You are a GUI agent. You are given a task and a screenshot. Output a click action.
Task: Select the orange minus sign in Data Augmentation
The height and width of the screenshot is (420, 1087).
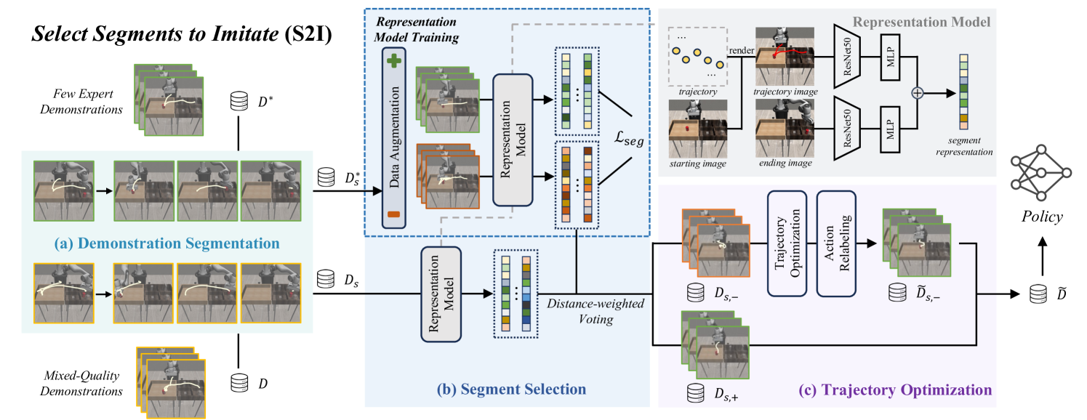pos(393,214)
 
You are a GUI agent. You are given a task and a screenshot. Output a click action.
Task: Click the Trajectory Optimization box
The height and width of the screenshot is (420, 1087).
pos(787,243)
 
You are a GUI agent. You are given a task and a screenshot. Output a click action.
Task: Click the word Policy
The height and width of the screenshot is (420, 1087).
pos(1041,217)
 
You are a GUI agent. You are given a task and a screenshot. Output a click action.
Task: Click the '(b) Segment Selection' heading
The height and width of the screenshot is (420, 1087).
pos(511,389)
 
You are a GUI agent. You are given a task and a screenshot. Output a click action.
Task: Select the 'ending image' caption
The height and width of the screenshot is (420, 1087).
pos(785,163)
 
